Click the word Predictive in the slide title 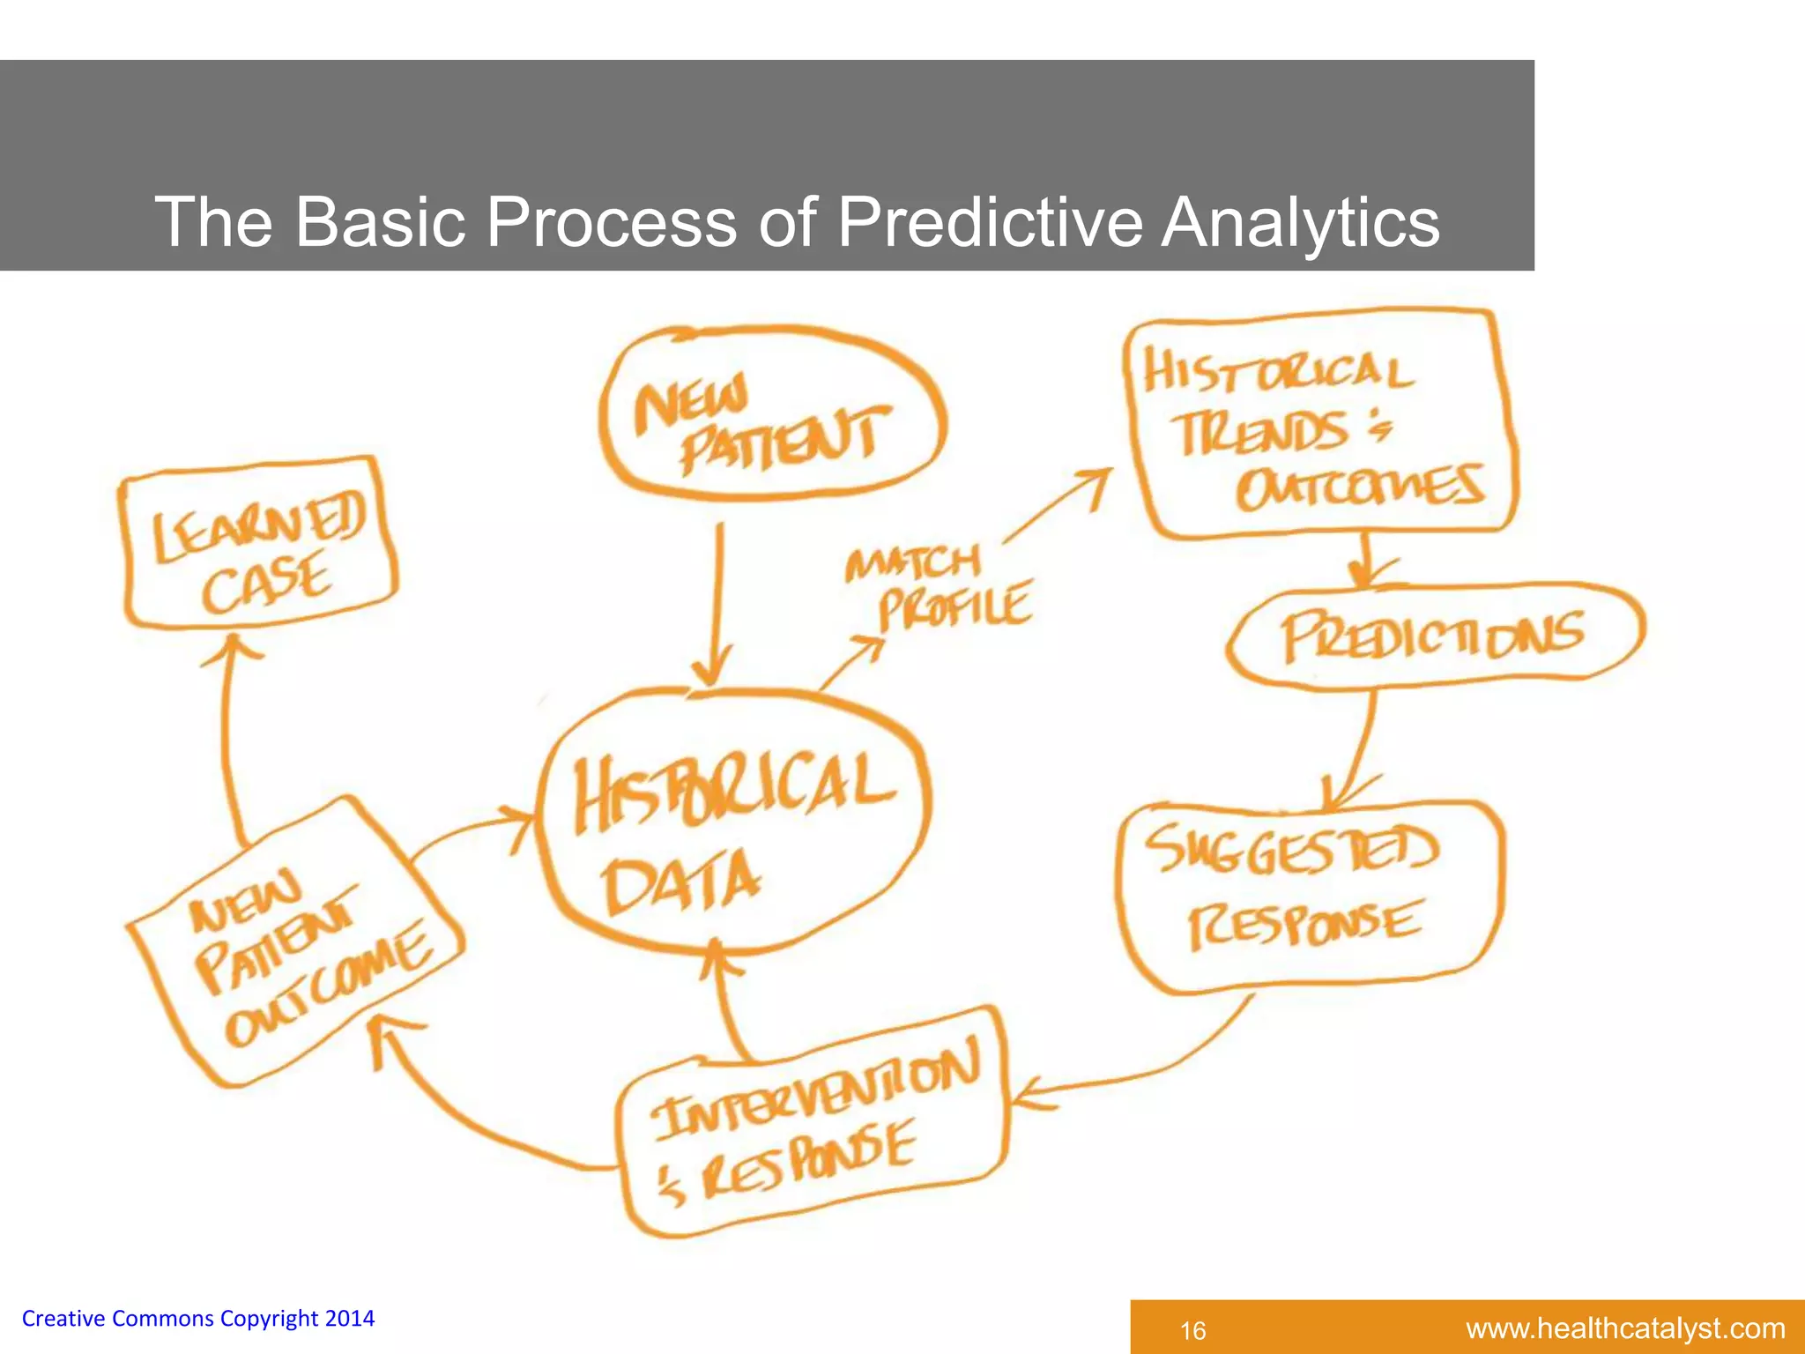pyautogui.click(x=989, y=222)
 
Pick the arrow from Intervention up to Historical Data pyautogui.click(x=727, y=1005)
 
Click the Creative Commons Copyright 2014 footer pyautogui.click(x=198, y=1319)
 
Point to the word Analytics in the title pyautogui.click(x=1300, y=222)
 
